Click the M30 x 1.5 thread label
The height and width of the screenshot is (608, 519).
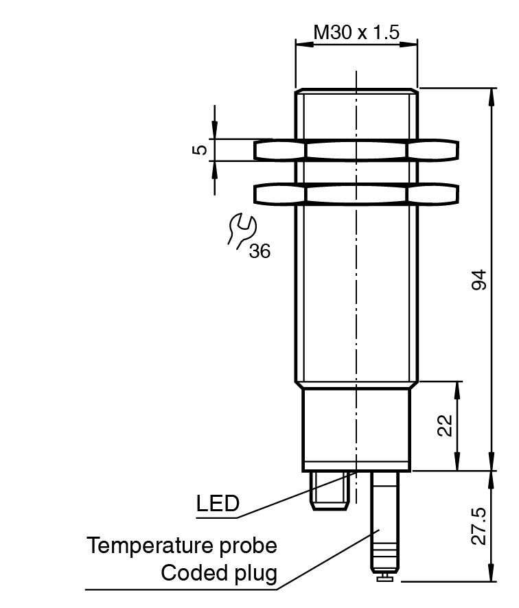[356, 32]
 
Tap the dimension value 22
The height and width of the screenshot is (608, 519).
[446, 426]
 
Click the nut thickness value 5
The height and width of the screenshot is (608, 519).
[198, 150]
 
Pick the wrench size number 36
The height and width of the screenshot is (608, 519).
[259, 251]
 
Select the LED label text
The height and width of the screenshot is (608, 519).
[218, 504]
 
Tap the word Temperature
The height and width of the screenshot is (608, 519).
[146, 546]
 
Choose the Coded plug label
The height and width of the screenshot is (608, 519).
[219, 573]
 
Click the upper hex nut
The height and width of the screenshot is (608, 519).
[356, 150]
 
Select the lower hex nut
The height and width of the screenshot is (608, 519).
[356, 194]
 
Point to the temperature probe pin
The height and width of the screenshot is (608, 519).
[384, 522]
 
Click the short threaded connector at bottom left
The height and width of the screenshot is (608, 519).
[330, 490]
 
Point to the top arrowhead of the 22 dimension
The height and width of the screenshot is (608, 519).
[457, 387]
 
